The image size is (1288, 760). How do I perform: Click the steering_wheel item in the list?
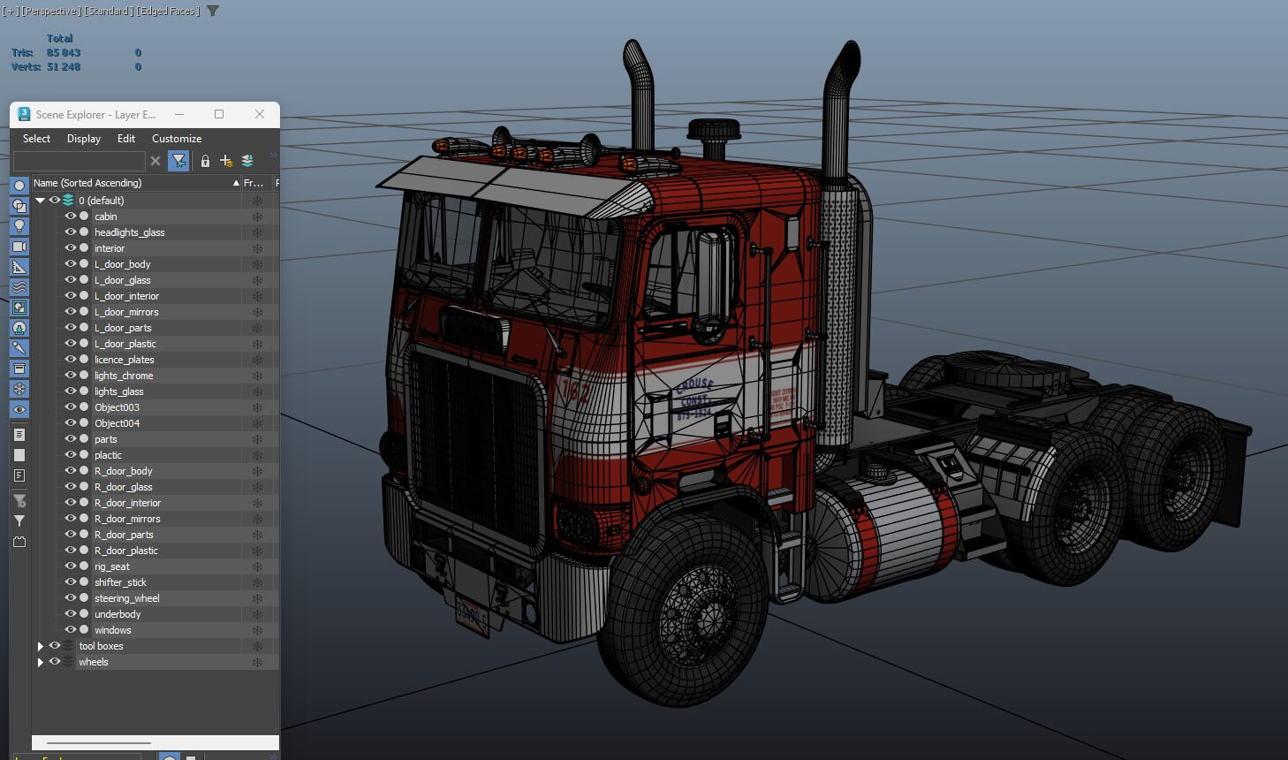pos(126,598)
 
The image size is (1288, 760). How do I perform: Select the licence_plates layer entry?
pos(124,360)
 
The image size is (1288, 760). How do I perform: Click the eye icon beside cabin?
pos(70,217)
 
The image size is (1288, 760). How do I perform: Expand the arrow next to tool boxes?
pos(40,646)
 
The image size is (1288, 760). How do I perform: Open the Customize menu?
pos(176,139)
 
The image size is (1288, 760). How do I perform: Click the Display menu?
pos(83,139)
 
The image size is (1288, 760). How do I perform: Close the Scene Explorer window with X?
pos(260,114)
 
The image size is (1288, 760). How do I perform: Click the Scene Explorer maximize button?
pos(219,114)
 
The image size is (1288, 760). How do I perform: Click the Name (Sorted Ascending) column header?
pos(87,183)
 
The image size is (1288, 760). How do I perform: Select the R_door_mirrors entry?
pos(127,519)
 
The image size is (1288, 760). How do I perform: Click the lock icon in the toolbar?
pos(205,161)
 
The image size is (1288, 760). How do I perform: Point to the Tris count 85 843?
pos(64,53)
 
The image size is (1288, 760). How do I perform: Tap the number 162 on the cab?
pos(575,391)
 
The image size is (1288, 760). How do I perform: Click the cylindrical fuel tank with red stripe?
pos(883,535)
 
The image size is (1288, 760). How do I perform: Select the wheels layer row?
pos(94,662)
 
